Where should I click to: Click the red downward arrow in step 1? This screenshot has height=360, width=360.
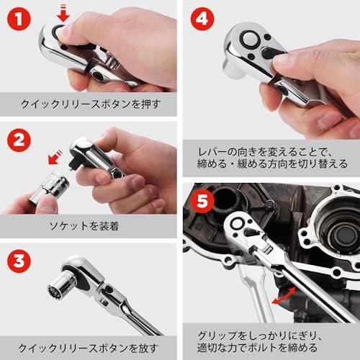point(63,12)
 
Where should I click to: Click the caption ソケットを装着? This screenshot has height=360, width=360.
point(88,226)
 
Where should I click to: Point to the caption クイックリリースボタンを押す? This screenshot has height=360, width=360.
point(88,104)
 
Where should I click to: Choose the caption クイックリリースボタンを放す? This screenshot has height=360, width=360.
point(88,346)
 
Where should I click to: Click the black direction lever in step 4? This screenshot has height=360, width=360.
point(268,52)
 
